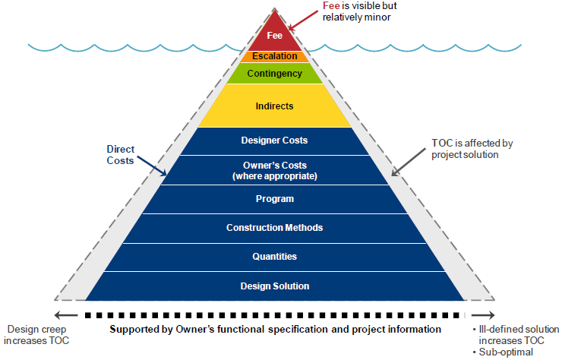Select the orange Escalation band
pyautogui.click(x=274, y=56)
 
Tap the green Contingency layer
pyautogui.click(x=274, y=74)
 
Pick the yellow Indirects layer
pyautogui.click(x=274, y=106)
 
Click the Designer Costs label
pyautogui.click(x=274, y=141)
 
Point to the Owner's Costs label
pyautogui.click(x=274, y=170)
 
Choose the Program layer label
pyautogui.click(x=274, y=199)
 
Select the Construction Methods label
pyautogui.click(x=274, y=228)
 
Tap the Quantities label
pyautogui.click(x=274, y=257)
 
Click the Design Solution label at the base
pyautogui.click(x=274, y=286)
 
